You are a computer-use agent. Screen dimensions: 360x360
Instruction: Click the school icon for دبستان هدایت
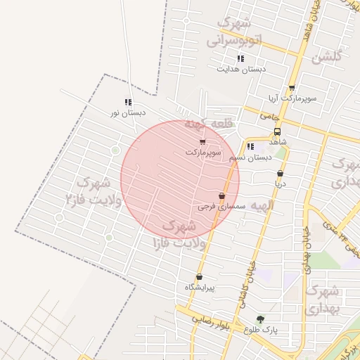240,59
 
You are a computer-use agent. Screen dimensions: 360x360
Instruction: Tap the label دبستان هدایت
241,70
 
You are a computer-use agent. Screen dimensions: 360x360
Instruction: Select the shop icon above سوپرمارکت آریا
291,89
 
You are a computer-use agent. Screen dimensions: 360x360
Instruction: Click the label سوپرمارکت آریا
292,99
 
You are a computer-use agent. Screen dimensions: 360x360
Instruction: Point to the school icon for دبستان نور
128,102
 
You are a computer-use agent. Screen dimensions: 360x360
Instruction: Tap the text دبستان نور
128,112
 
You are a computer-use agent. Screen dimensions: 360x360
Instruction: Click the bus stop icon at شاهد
277,131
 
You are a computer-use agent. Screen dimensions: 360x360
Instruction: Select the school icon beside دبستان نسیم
251,147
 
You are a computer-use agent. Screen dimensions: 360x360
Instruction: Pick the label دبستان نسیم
251,157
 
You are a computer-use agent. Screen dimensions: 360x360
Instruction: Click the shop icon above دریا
281,173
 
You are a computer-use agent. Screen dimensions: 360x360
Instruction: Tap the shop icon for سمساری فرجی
222,196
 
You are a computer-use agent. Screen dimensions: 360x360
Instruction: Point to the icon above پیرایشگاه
200,277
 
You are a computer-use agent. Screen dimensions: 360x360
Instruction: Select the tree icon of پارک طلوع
261,319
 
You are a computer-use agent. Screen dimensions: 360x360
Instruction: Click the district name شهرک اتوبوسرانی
234,32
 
